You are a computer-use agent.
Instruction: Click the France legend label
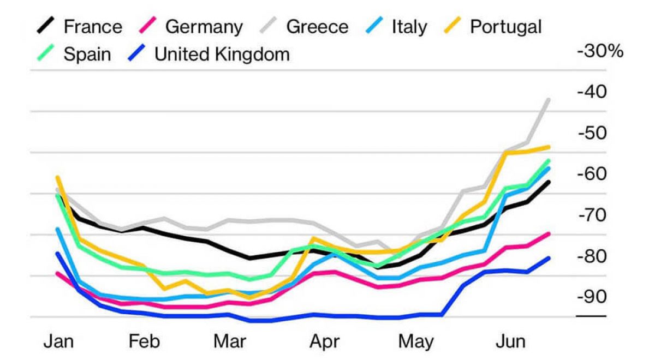[92, 26]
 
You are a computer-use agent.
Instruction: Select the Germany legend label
[204, 26]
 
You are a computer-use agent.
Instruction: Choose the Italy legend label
[409, 26]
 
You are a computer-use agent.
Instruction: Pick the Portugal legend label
[505, 26]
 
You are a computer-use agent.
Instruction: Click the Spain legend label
[87, 54]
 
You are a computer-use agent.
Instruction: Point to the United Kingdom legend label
[222, 54]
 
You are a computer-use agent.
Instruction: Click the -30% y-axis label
[599, 52]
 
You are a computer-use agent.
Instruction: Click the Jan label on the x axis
[58, 342]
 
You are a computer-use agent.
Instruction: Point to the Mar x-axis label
[229, 342]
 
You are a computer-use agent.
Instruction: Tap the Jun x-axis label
[510, 342]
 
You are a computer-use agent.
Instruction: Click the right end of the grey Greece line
[549, 100]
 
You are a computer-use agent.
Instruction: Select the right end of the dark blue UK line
[549, 258]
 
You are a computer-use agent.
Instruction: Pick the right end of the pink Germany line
[549, 233]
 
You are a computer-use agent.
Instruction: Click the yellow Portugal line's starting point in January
[57, 177]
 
